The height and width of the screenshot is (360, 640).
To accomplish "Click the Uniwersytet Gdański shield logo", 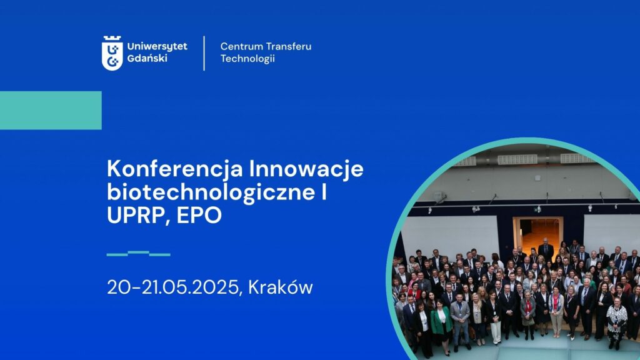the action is (x=112, y=53).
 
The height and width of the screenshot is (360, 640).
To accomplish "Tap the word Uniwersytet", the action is (x=157, y=46).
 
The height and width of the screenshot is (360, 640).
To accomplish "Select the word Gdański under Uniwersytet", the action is (x=147, y=58).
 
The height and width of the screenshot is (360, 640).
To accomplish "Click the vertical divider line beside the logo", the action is (x=204, y=53).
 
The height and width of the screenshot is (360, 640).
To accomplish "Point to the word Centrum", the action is (x=241, y=46).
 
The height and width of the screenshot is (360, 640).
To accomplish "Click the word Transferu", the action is (x=288, y=46).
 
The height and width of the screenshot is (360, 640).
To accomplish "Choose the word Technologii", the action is (x=247, y=58).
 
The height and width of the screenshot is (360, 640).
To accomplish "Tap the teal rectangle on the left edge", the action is (x=51, y=110).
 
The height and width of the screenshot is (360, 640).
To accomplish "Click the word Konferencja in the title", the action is (x=175, y=169).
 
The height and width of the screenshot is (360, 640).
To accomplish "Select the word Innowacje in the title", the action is (x=306, y=168).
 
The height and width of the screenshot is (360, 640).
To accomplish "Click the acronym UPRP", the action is (x=138, y=216).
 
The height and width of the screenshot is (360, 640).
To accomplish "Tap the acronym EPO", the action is (x=199, y=215).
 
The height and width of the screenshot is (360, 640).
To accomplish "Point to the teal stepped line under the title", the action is (x=138, y=254).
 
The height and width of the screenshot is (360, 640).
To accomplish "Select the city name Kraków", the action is (x=281, y=287).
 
